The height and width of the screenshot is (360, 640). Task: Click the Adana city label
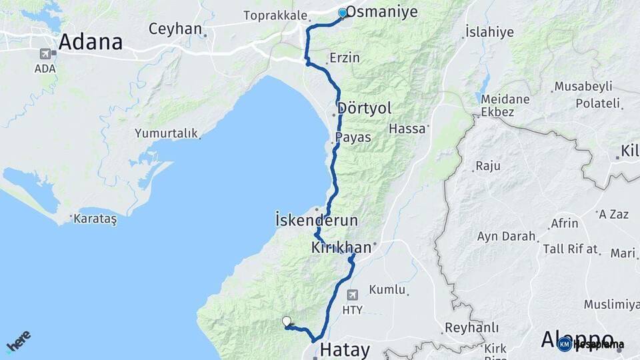[x=90, y=42]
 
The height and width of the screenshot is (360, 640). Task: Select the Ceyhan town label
[x=175, y=29]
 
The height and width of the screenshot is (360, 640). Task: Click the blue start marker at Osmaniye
[x=343, y=13]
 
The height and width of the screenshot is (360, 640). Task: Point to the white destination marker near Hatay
[x=287, y=321]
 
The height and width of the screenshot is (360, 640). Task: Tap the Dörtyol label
[x=364, y=108]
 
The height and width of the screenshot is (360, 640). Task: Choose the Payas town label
[x=353, y=137]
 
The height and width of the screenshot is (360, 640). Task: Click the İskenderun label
[x=316, y=219]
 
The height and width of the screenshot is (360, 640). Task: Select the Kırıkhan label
[x=341, y=247]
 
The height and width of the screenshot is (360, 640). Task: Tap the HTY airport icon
[x=352, y=294]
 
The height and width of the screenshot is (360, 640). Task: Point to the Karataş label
[x=95, y=219]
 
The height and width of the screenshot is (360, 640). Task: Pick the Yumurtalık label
[x=167, y=133]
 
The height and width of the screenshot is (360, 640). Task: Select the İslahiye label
[x=489, y=31]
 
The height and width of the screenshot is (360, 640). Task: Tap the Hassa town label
[x=407, y=129]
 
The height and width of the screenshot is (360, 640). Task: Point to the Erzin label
[x=345, y=58]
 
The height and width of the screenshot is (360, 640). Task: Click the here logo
[x=18, y=341]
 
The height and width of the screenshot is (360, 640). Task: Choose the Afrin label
[x=565, y=223]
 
